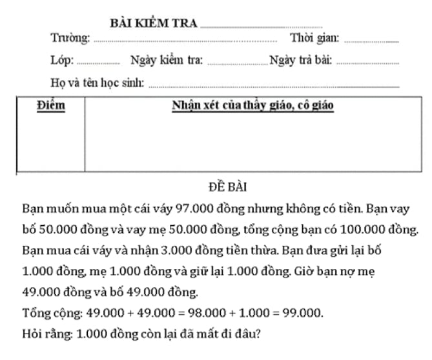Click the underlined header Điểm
tap(51, 105)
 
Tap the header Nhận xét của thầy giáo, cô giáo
tap(252, 105)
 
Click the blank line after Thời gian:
tap(371, 42)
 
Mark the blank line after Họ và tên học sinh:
tap(274, 86)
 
